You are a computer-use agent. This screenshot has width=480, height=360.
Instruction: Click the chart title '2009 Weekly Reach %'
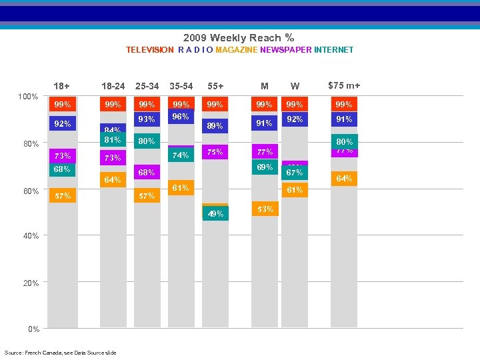point(239,38)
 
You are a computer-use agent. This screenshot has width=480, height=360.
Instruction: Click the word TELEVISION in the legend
point(150,50)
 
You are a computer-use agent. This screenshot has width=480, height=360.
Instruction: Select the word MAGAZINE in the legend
point(237,50)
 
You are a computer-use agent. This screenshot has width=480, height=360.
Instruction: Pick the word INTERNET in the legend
point(334,50)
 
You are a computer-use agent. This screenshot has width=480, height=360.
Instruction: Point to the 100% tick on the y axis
point(27,97)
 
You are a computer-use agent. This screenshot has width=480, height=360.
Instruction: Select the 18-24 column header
point(113,86)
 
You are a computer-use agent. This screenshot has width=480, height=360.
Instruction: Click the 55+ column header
point(215,86)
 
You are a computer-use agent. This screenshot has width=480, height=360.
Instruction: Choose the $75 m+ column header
point(344,85)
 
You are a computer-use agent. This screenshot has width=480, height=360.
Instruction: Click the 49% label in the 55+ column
point(215,214)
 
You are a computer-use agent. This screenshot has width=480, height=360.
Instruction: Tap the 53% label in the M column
point(265,209)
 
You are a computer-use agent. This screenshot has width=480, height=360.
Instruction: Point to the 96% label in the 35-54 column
point(181,116)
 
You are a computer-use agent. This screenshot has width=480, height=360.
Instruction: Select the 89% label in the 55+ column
point(215,125)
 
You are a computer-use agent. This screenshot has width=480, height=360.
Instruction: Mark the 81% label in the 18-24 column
point(112,140)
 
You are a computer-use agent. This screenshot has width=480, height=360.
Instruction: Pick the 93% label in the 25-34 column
point(146,119)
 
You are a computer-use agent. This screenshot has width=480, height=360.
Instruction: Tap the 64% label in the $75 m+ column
point(344,178)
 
